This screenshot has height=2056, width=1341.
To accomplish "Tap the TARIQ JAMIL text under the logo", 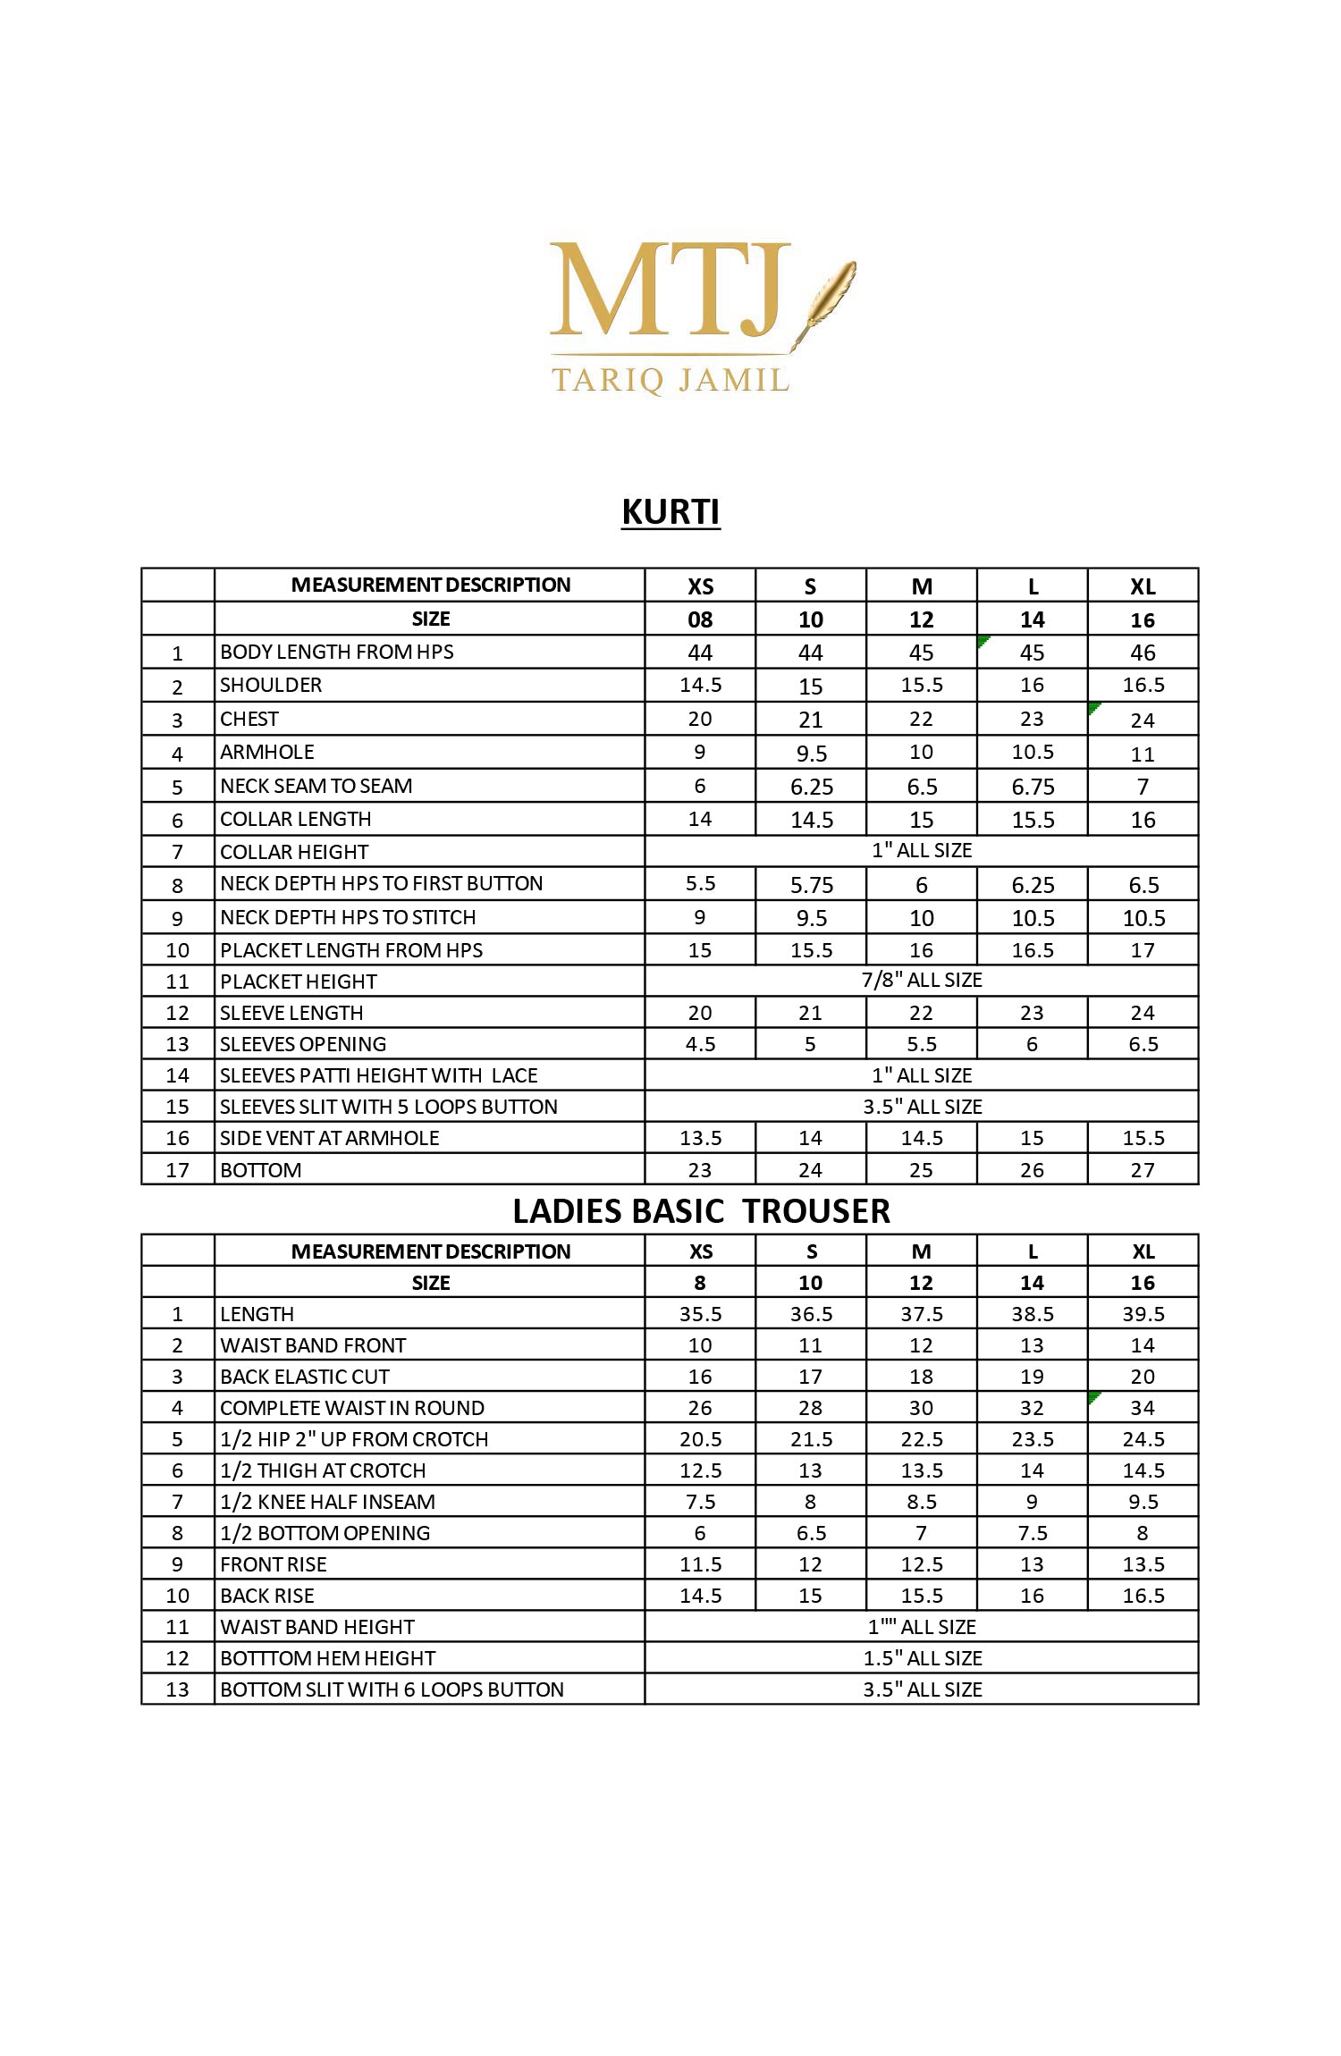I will click(670, 380).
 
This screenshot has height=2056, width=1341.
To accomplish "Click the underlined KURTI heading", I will click(670, 512).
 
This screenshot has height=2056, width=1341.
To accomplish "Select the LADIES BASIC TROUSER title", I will click(701, 1211).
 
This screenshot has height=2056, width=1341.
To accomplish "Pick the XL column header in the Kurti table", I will click(1143, 586).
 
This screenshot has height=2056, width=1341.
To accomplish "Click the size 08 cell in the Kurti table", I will click(700, 619).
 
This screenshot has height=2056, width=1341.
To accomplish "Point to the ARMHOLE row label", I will click(267, 752).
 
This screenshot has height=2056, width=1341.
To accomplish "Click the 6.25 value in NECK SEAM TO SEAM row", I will click(811, 787).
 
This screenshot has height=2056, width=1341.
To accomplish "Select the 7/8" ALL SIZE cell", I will click(921, 980).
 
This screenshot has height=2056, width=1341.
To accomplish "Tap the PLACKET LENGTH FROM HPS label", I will click(351, 950).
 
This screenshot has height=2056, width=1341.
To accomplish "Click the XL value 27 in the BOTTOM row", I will click(1143, 1170).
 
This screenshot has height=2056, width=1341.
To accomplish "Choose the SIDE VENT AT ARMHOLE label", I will click(330, 1138).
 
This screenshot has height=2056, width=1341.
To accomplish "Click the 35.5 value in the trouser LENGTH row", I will click(700, 1314).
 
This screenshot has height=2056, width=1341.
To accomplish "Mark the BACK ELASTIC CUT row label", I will click(305, 1377).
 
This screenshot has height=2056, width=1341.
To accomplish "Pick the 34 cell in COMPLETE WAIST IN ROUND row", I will click(1143, 1408).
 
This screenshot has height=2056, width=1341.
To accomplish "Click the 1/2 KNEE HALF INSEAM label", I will click(328, 1502).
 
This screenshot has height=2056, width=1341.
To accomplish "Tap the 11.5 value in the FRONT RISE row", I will click(700, 1564).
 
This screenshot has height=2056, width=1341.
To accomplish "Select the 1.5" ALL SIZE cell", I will click(922, 1658).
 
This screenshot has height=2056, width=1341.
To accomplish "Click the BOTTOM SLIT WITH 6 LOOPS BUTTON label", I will click(392, 1689).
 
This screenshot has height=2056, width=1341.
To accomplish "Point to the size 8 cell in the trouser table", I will click(700, 1283).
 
